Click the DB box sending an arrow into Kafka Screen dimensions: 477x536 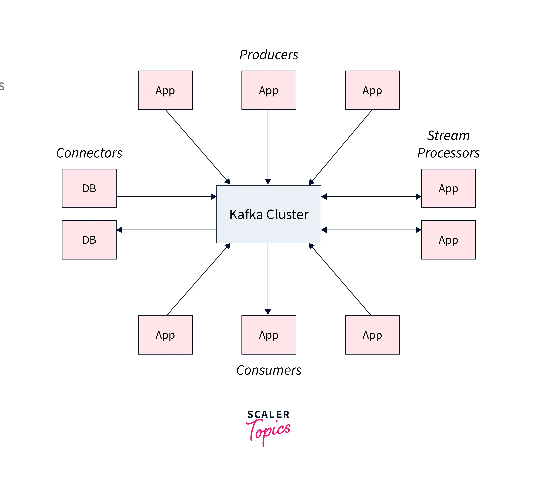[x=89, y=188]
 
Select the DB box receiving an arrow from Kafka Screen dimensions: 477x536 [x=89, y=240]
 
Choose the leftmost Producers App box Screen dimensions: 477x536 [x=165, y=90]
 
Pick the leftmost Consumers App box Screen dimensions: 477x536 [x=165, y=335]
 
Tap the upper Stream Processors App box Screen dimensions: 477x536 [x=448, y=188]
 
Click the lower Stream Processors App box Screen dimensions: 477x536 [x=448, y=240]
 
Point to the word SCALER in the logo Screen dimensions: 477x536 [x=268, y=414]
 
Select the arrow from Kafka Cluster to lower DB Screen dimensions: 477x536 [x=166, y=230]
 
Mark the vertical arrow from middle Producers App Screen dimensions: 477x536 [x=268, y=147]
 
